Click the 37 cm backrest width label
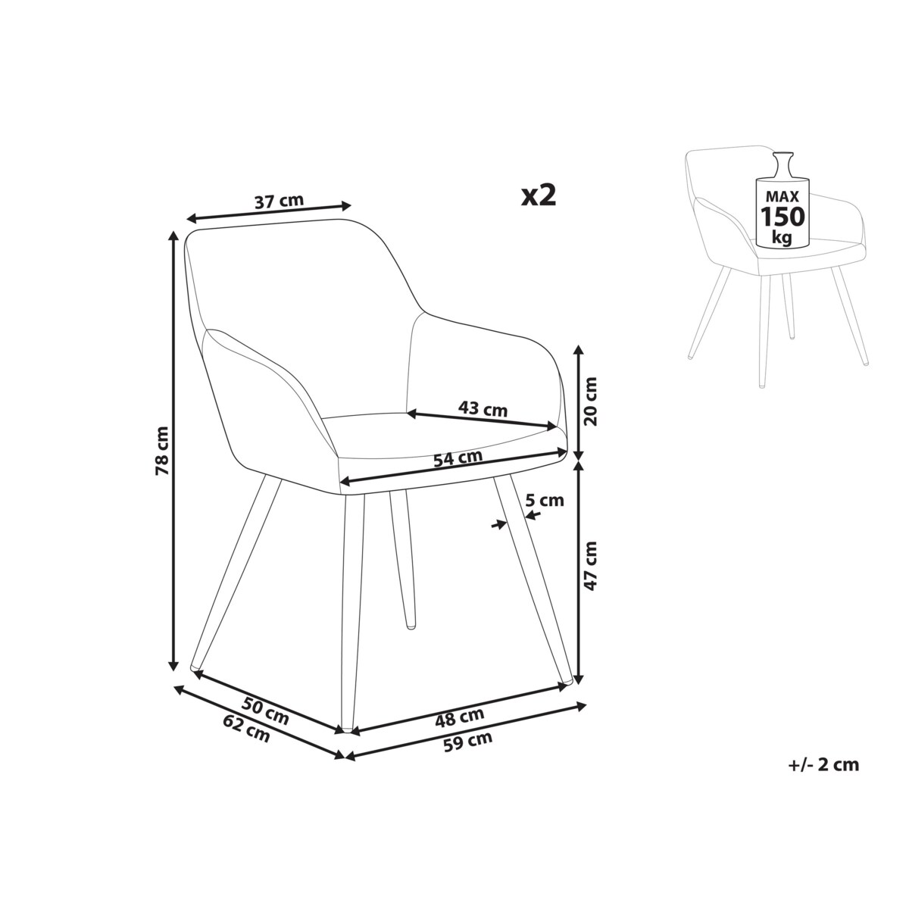click(x=280, y=201)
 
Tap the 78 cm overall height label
click(x=162, y=451)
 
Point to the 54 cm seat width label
click(x=458, y=458)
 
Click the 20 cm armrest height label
click(x=590, y=401)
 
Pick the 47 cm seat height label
click(x=590, y=566)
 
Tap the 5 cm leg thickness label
click(x=545, y=499)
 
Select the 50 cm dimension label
click(x=265, y=717)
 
